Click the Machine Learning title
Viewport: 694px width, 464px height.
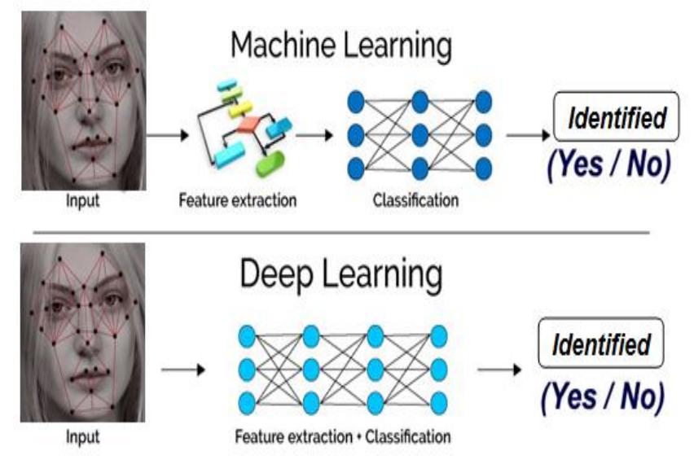[x=340, y=46]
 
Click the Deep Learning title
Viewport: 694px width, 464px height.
[x=340, y=276]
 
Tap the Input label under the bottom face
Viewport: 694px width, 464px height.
[x=82, y=437]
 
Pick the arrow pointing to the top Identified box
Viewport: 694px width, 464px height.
[x=527, y=134]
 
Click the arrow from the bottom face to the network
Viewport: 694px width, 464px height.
[x=183, y=370]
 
